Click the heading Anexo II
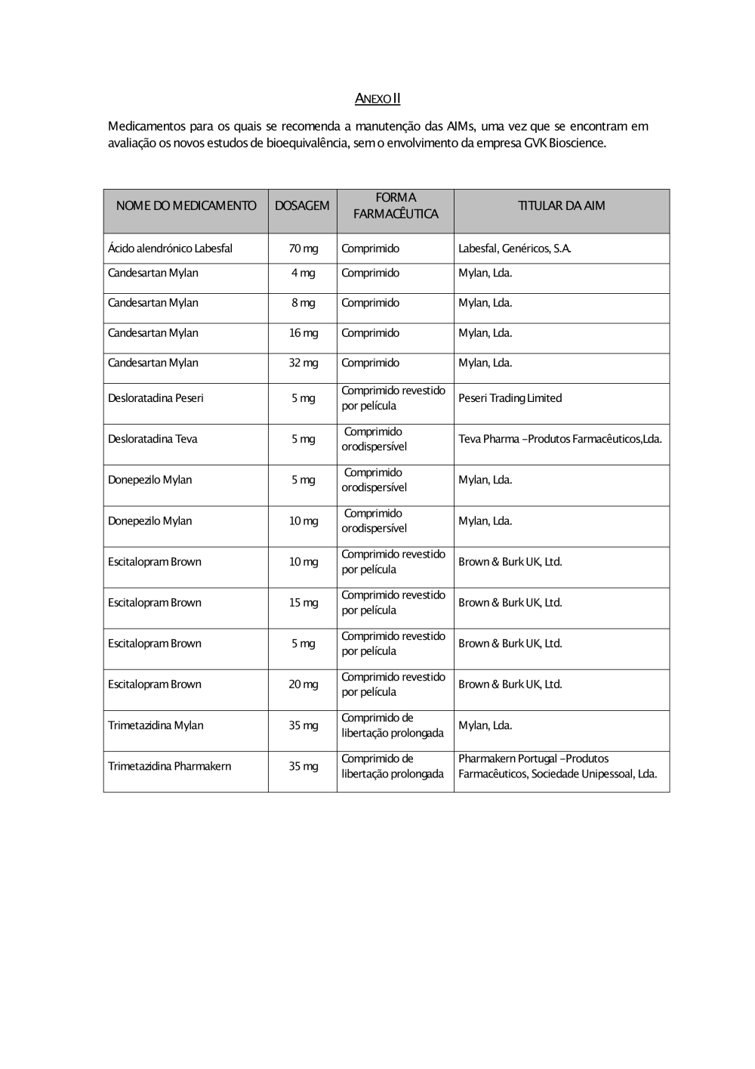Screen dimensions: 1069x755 pyautogui.click(x=377, y=99)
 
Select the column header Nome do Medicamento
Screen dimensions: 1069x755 pyautogui.click(x=186, y=205)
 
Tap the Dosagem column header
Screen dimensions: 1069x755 pyautogui.click(x=302, y=205)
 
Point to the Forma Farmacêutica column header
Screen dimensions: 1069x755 pyautogui.click(x=396, y=205)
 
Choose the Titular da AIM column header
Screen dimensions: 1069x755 pyautogui.click(x=561, y=205)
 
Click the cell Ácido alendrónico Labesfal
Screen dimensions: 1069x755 pyautogui.click(x=170, y=249)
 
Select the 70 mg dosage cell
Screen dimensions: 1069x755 pyautogui.click(x=303, y=249)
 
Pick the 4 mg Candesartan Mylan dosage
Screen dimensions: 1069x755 pyautogui.click(x=303, y=273)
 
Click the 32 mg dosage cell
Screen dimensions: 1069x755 pyautogui.click(x=303, y=363)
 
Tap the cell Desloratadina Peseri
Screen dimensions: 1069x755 pyautogui.click(x=156, y=398)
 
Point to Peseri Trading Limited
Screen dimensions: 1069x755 pyautogui.click(x=510, y=398)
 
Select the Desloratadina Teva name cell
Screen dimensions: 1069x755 pyautogui.click(x=153, y=439)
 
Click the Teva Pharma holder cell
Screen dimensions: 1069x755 pyautogui.click(x=559, y=439)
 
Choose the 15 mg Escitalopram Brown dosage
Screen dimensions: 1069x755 pyautogui.click(x=303, y=603)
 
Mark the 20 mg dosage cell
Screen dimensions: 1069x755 pyautogui.click(x=303, y=684)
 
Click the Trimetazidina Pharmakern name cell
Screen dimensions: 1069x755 pyautogui.click(x=169, y=766)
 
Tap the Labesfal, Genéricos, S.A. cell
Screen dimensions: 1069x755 pyautogui.click(x=514, y=249)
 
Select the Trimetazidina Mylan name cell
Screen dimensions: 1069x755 pyautogui.click(x=156, y=725)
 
